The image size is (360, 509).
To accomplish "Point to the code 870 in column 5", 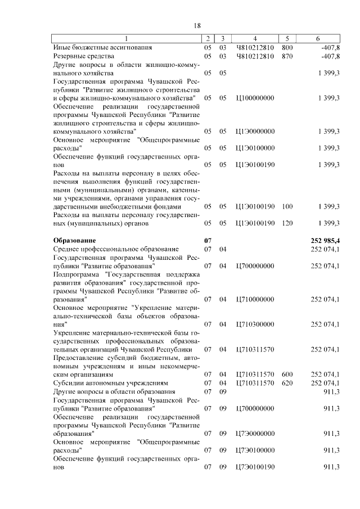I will (287, 56).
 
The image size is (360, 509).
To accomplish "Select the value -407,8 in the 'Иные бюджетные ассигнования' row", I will (330, 47).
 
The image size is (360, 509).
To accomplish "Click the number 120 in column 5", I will (287, 223).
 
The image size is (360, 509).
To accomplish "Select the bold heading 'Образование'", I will (74, 240).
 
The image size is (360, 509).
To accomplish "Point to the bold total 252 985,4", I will (325, 240).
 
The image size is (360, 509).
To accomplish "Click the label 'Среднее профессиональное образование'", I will (116, 249).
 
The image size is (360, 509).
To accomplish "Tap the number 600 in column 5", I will (287, 374).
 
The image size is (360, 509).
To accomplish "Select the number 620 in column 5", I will (287, 382).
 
